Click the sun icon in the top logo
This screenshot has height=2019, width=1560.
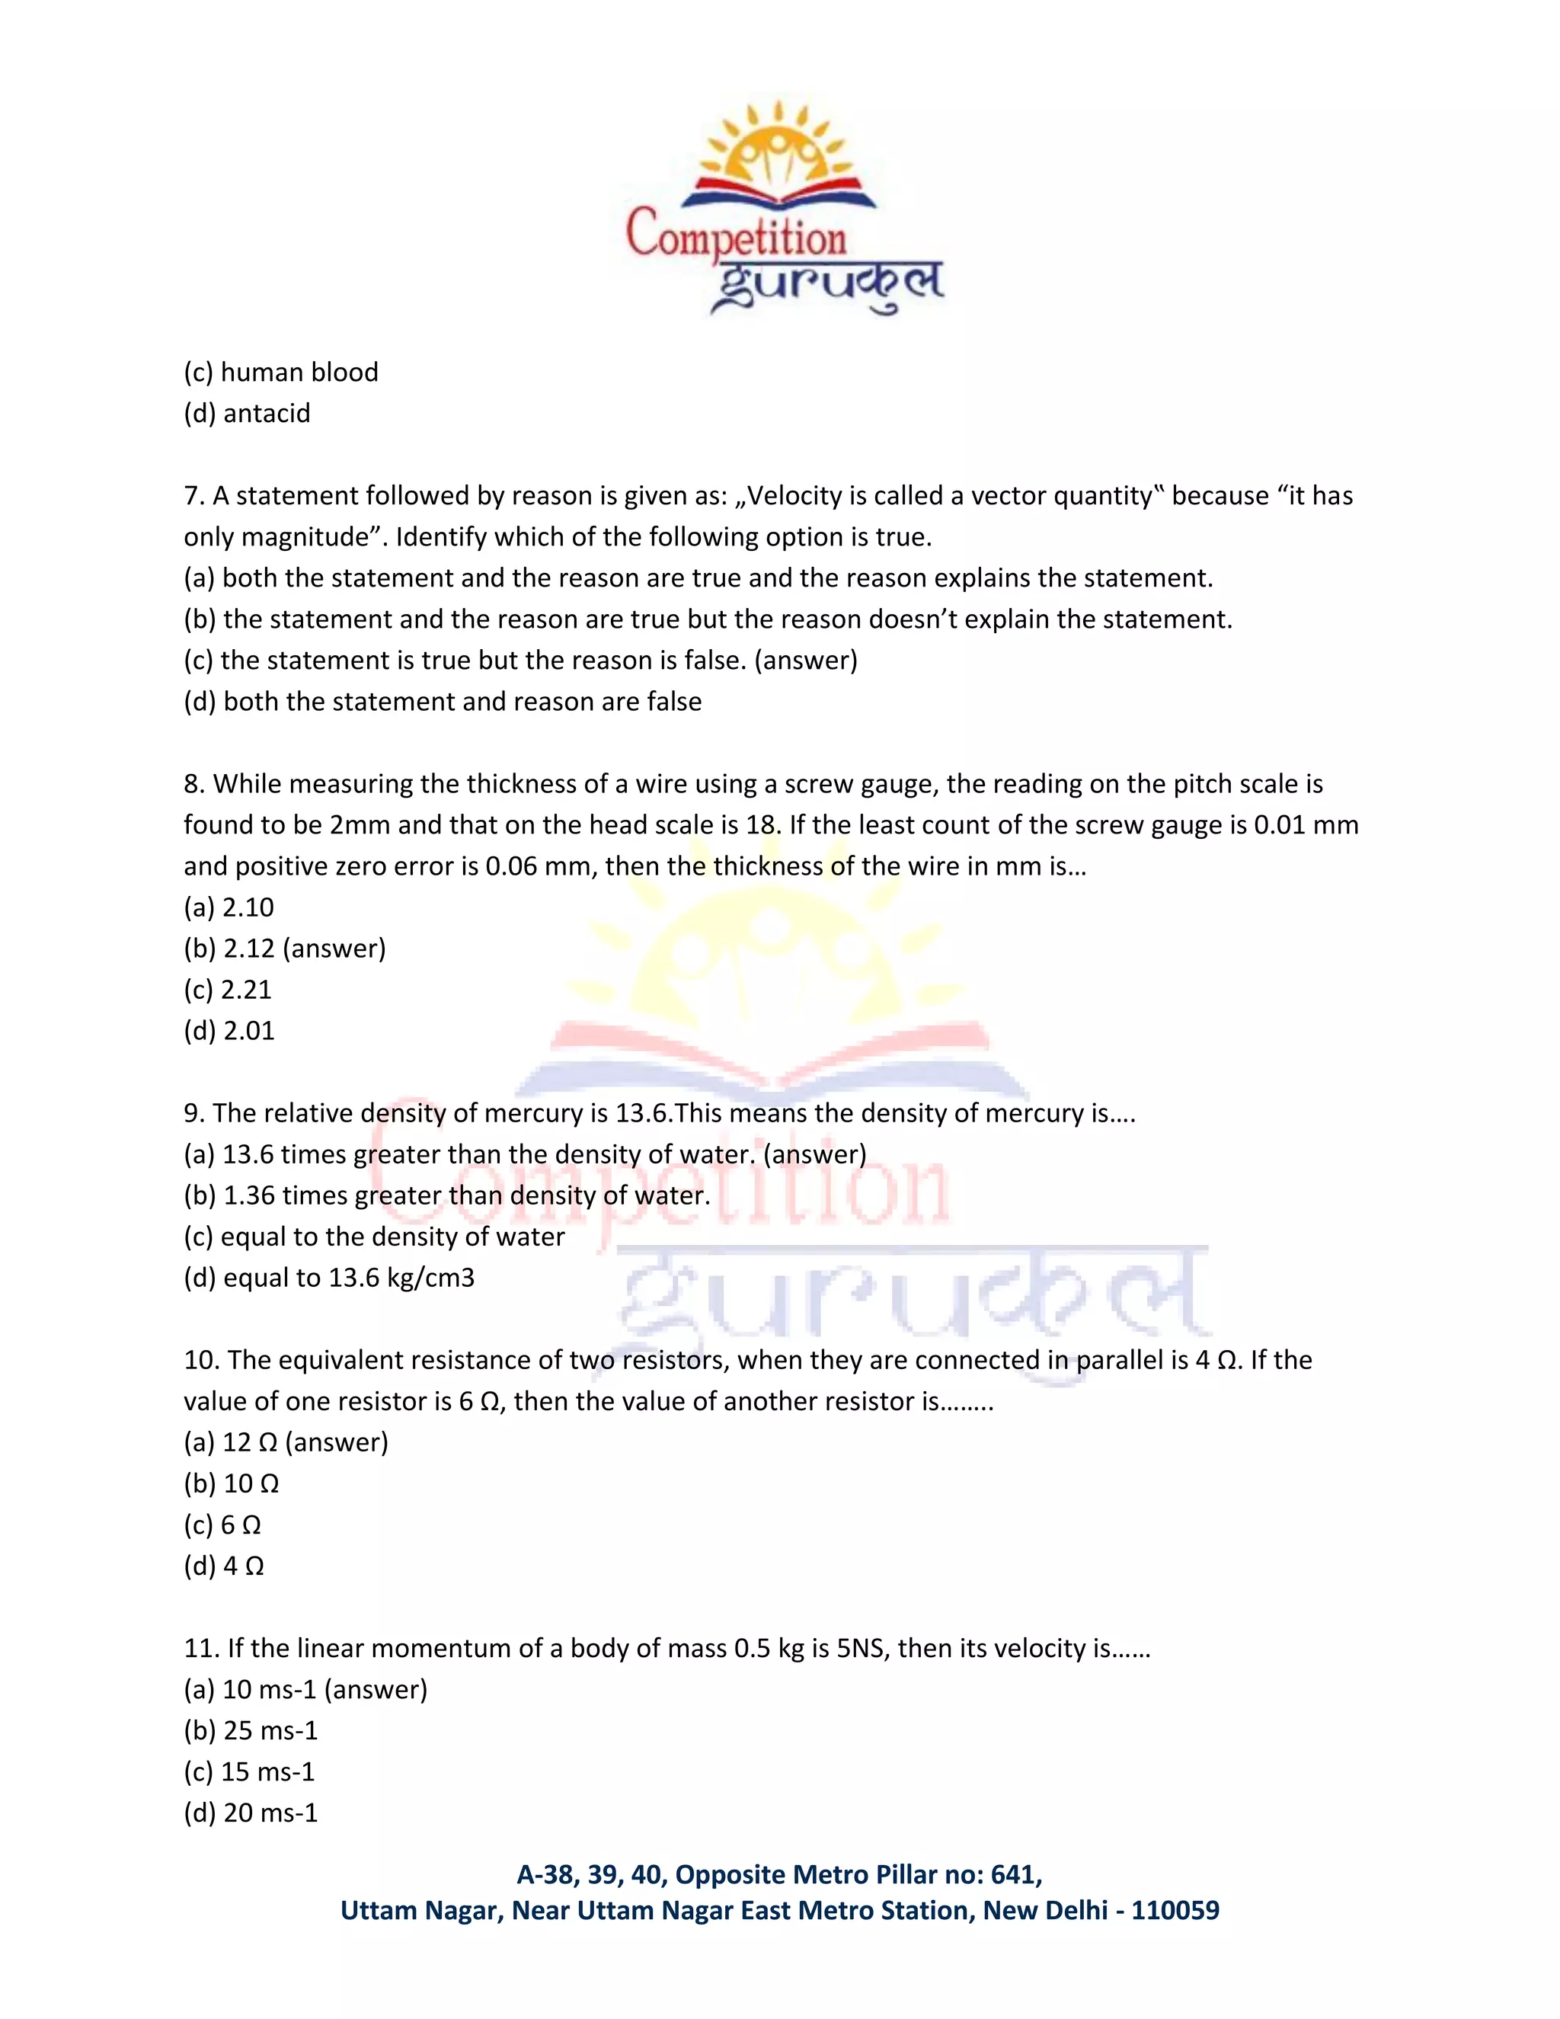click(x=776, y=148)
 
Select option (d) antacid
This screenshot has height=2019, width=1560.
click(x=247, y=413)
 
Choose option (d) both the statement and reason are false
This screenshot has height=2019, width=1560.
click(x=443, y=702)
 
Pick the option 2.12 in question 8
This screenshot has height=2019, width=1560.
click(x=248, y=949)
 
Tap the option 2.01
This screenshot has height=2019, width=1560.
click(x=248, y=1031)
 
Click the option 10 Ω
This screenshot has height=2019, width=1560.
click(x=251, y=1483)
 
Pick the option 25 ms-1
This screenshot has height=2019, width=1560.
click(x=270, y=1730)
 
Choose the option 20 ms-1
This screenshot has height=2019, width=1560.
click(x=270, y=1813)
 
